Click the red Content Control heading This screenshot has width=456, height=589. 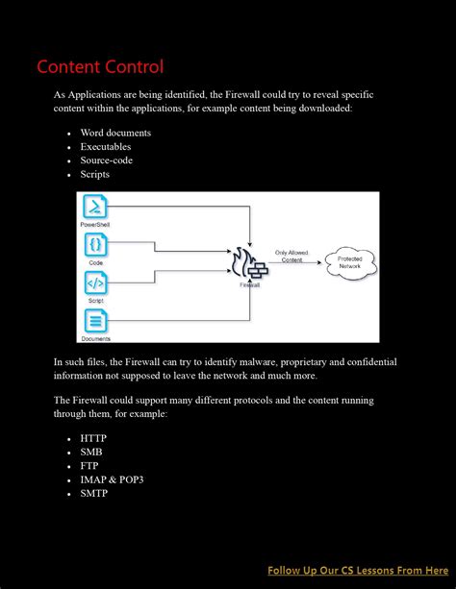pyautogui.click(x=100, y=66)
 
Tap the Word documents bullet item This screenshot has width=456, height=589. pyautogui.click(x=115, y=133)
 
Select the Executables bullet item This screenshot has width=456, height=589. pyautogui.click(x=106, y=147)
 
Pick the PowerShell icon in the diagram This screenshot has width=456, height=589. pyautogui.click(x=96, y=207)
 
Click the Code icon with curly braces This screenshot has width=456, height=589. pyautogui.click(x=96, y=245)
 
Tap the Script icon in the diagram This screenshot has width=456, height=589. pyautogui.click(x=96, y=283)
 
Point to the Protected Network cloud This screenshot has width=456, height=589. pyautogui.click(x=349, y=260)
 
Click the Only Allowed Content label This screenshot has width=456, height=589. pyautogui.click(x=292, y=256)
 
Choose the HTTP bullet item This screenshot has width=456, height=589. pyautogui.click(x=93, y=438)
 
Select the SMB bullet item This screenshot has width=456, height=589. pyautogui.click(x=91, y=452)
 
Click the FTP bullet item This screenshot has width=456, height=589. pyautogui.click(x=90, y=465)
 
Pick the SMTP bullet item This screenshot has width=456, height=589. pyautogui.click(x=94, y=493)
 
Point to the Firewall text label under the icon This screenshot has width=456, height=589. pyautogui.click(x=249, y=285)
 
